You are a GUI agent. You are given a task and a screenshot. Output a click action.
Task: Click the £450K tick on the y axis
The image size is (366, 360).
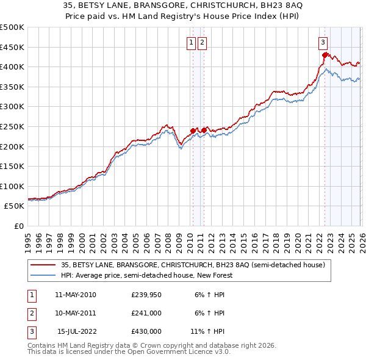click(12, 47)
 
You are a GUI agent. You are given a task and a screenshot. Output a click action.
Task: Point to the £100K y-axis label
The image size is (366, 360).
click(12, 186)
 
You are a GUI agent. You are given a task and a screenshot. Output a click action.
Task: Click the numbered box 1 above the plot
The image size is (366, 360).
click(192, 42)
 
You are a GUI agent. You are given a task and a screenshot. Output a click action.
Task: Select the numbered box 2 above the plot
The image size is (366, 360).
click(202, 42)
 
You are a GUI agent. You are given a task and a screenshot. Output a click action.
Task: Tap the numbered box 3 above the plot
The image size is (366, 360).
click(323, 42)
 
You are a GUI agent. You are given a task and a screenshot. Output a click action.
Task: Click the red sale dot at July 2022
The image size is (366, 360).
click(325, 55)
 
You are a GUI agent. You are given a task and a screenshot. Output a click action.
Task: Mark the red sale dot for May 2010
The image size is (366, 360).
click(193, 131)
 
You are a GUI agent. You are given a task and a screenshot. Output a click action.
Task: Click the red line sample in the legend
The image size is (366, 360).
click(44, 265)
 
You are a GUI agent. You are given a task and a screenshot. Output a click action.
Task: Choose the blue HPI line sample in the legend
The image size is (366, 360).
click(44, 275)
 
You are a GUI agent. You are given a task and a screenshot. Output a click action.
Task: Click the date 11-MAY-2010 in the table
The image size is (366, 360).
click(75, 295)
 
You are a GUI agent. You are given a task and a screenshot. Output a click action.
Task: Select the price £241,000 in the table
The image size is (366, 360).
click(146, 313)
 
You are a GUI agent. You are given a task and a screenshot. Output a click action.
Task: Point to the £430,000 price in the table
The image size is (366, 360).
click(146, 331)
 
